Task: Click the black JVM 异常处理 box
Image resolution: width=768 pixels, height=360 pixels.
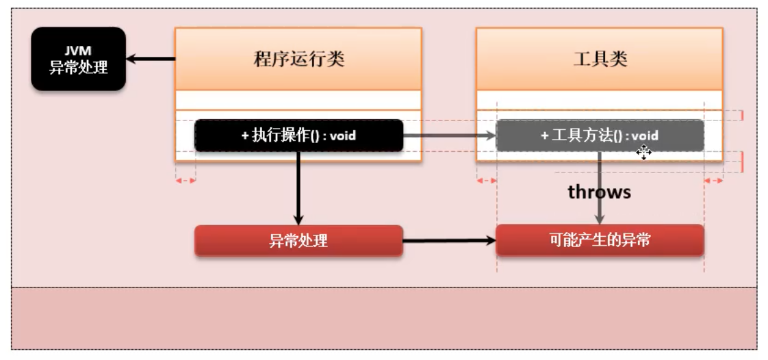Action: click(x=78, y=59)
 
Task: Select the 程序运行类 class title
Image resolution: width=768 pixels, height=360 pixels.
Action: click(x=298, y=59)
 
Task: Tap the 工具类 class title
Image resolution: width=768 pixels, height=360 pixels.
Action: click(x=600, y=59)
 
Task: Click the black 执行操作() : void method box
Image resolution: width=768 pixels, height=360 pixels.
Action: click(x=298, y=136)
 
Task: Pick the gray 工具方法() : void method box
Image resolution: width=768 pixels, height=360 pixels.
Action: click(x=600, y=136)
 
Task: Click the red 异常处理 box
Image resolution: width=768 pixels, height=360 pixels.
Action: click(x=298, y=241)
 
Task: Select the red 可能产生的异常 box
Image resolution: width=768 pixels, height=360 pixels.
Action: click(x=600, y=241)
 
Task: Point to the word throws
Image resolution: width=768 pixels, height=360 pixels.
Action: click(x=599, y=192)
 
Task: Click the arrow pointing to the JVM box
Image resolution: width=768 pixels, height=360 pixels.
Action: click(x=150, y=60)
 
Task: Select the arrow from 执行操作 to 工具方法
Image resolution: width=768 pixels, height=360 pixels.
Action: click(x=449, y=136)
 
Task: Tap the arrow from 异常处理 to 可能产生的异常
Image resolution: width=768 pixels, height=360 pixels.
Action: click(x=449, y=241)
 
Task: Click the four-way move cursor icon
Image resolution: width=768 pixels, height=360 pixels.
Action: click(x=643, y=152)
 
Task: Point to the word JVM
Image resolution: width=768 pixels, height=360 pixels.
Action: click(x=78, y=51)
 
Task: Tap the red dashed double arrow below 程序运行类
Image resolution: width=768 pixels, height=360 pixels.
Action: click(x=185, y=181)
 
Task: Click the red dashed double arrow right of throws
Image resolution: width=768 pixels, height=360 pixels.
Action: click(x=714, y=181)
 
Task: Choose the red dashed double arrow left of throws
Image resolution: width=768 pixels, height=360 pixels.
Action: click(x=487, y=181)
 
